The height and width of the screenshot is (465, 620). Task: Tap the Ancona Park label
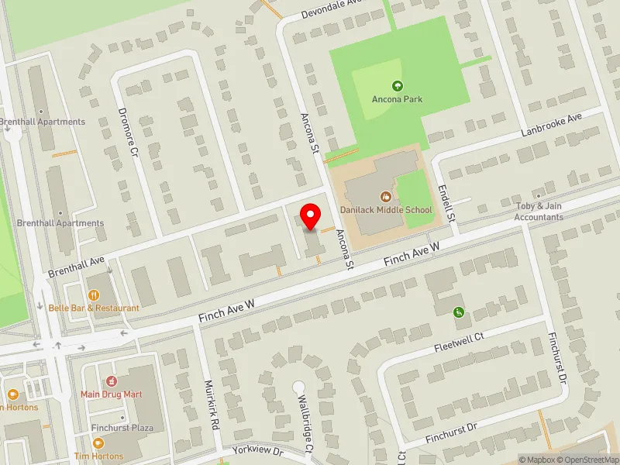click(x=397, y=99)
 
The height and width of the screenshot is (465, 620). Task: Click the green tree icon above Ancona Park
click(x=398, y=85)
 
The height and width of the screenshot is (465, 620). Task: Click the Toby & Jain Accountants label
click(x=539, y=212)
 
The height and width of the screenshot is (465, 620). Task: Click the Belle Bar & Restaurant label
click(x=94, y=308)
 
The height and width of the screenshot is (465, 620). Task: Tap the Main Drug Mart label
click(x=112, y=394)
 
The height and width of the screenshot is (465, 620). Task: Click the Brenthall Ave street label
click(x=76, y=268)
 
